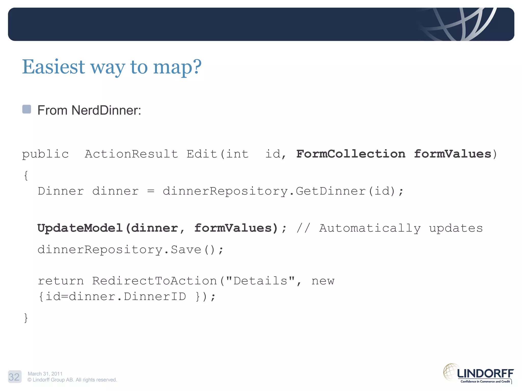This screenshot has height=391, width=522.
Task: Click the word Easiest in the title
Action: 53,67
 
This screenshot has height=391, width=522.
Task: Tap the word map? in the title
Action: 177,67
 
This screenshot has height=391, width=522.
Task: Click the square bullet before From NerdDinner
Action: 27,109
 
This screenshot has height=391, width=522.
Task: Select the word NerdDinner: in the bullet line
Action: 106,110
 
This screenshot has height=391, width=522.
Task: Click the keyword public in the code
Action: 45,154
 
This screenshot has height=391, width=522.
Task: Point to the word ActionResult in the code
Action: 131,154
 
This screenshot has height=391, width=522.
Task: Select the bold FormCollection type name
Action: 351,154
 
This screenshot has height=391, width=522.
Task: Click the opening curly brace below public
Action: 26,176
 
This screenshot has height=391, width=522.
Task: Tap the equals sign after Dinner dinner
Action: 151,191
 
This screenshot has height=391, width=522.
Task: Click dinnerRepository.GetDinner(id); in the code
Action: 283,191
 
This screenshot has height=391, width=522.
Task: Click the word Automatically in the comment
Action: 370,228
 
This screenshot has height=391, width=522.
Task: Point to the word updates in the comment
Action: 456,228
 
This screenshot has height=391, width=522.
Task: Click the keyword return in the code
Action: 61,281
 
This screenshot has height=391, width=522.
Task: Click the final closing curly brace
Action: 26,318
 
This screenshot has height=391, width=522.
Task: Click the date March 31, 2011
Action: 45,374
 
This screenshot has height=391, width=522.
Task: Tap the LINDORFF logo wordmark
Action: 485,374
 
